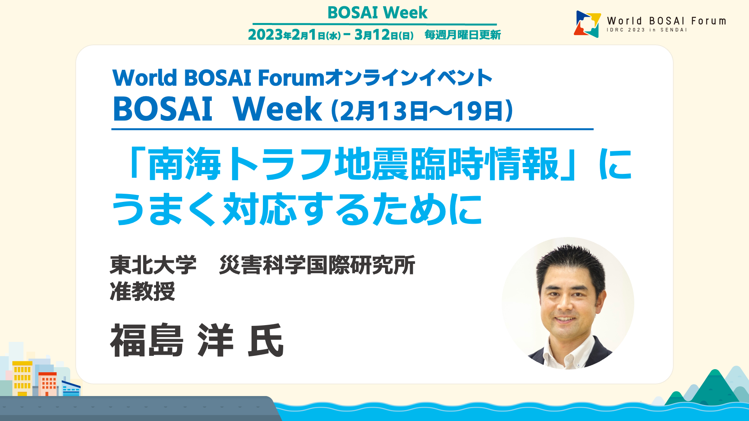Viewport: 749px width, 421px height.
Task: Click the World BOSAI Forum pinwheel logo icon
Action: [587, 24]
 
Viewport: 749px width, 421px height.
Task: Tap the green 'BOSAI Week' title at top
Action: [377, 12]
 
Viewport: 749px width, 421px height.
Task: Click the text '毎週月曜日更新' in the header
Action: [463, 35]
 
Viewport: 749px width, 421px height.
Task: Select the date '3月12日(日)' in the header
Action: [384, 35]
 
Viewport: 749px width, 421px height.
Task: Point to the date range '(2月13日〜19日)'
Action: [422, 111]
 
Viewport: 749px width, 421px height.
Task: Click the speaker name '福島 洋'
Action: [172, 340]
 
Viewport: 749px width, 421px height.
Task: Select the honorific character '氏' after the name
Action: [266, 340]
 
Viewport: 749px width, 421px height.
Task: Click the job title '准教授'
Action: [142, 291]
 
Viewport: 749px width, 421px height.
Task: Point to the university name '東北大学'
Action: [153, 265]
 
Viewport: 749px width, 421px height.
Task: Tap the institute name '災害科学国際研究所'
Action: [317, 265]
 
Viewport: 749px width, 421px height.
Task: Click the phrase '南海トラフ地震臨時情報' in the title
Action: [353, 164]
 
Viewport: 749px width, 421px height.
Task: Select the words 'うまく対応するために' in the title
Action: [297, 209]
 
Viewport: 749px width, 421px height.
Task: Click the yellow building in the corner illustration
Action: [22, 379]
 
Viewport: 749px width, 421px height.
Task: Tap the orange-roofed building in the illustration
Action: [48, 384]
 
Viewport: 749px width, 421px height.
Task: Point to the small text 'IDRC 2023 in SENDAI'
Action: [646, 30]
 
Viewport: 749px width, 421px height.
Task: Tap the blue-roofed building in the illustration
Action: [71, 388]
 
